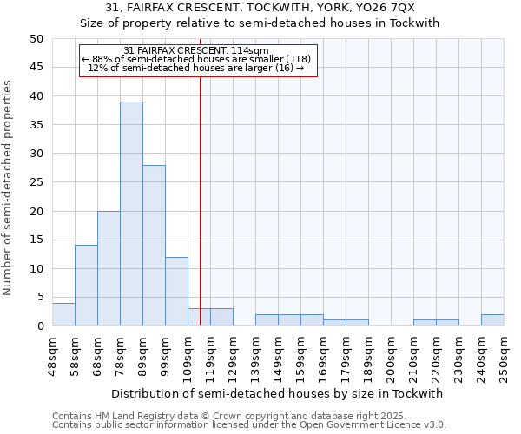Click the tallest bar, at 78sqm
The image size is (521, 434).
point(131,214)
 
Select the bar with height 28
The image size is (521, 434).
point(154,245)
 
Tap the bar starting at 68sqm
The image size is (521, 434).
point(109,268)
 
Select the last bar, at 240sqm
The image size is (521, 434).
point(492,319)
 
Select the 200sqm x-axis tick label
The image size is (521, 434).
point(391,354)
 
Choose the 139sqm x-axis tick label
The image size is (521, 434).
point(255,354)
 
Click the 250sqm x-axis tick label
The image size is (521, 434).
point(504,354)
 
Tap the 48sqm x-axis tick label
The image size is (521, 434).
point(52,354)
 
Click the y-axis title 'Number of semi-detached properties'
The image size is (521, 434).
point(9,187)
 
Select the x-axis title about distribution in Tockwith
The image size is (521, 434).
point(278,393)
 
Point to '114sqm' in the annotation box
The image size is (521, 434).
point(251,51)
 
